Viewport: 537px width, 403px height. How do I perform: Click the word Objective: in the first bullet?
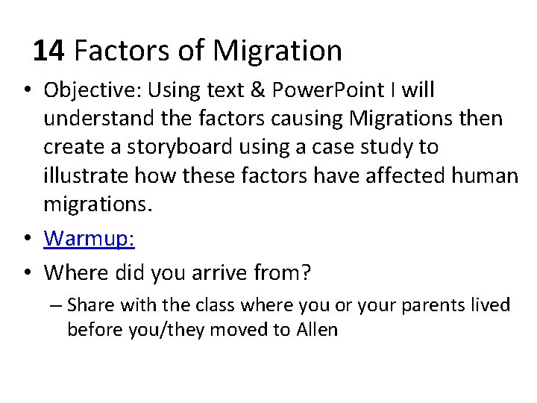[x=90, y=90]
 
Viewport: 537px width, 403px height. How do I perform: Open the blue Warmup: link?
[x=89, y=238]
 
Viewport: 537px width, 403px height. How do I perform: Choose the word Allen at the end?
[x=318, y=329]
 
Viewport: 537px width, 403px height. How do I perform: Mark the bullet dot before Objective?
[x=27, y=91]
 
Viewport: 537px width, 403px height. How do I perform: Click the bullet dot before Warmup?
[x=27, y=239]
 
